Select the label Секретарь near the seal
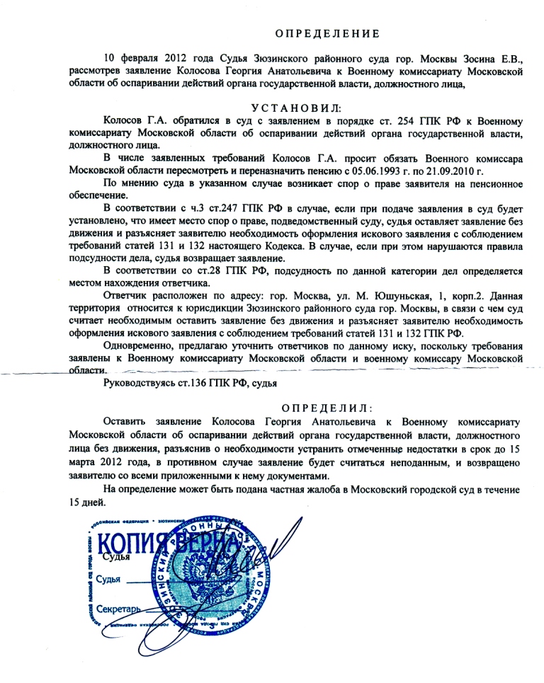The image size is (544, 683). pyautogui.click(x=121, y=608)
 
